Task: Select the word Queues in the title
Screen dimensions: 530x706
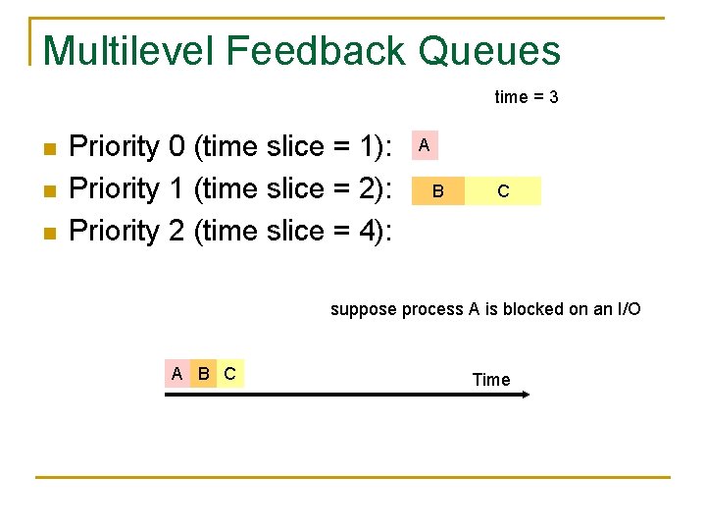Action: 490,51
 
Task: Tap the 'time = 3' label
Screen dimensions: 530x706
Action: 527,97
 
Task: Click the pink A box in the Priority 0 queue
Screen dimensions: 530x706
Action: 424,145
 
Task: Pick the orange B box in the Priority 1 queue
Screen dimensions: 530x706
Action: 438,190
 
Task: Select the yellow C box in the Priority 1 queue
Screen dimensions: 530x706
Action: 503,190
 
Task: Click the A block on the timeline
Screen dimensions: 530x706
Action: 176,373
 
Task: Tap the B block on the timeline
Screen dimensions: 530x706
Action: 203,373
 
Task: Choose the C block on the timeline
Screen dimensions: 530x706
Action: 229,373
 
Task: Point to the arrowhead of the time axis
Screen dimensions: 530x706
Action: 525,395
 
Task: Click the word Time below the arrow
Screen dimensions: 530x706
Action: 491,380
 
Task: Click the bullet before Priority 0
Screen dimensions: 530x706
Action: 50,149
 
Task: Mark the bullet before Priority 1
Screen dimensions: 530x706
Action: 50,191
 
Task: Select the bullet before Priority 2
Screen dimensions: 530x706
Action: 50,234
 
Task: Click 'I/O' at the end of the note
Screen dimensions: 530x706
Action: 628,309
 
